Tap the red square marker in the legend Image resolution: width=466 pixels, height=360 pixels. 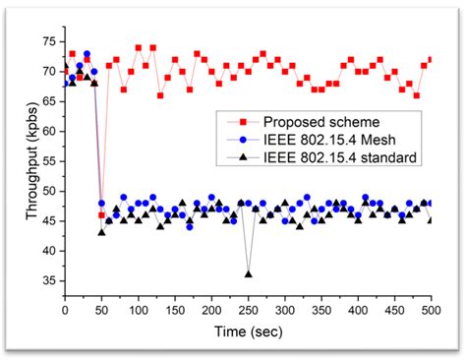point(233,120)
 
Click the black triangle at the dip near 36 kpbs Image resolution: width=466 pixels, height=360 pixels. point(248,274)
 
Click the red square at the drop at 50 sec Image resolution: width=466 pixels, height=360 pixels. point(101,214)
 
